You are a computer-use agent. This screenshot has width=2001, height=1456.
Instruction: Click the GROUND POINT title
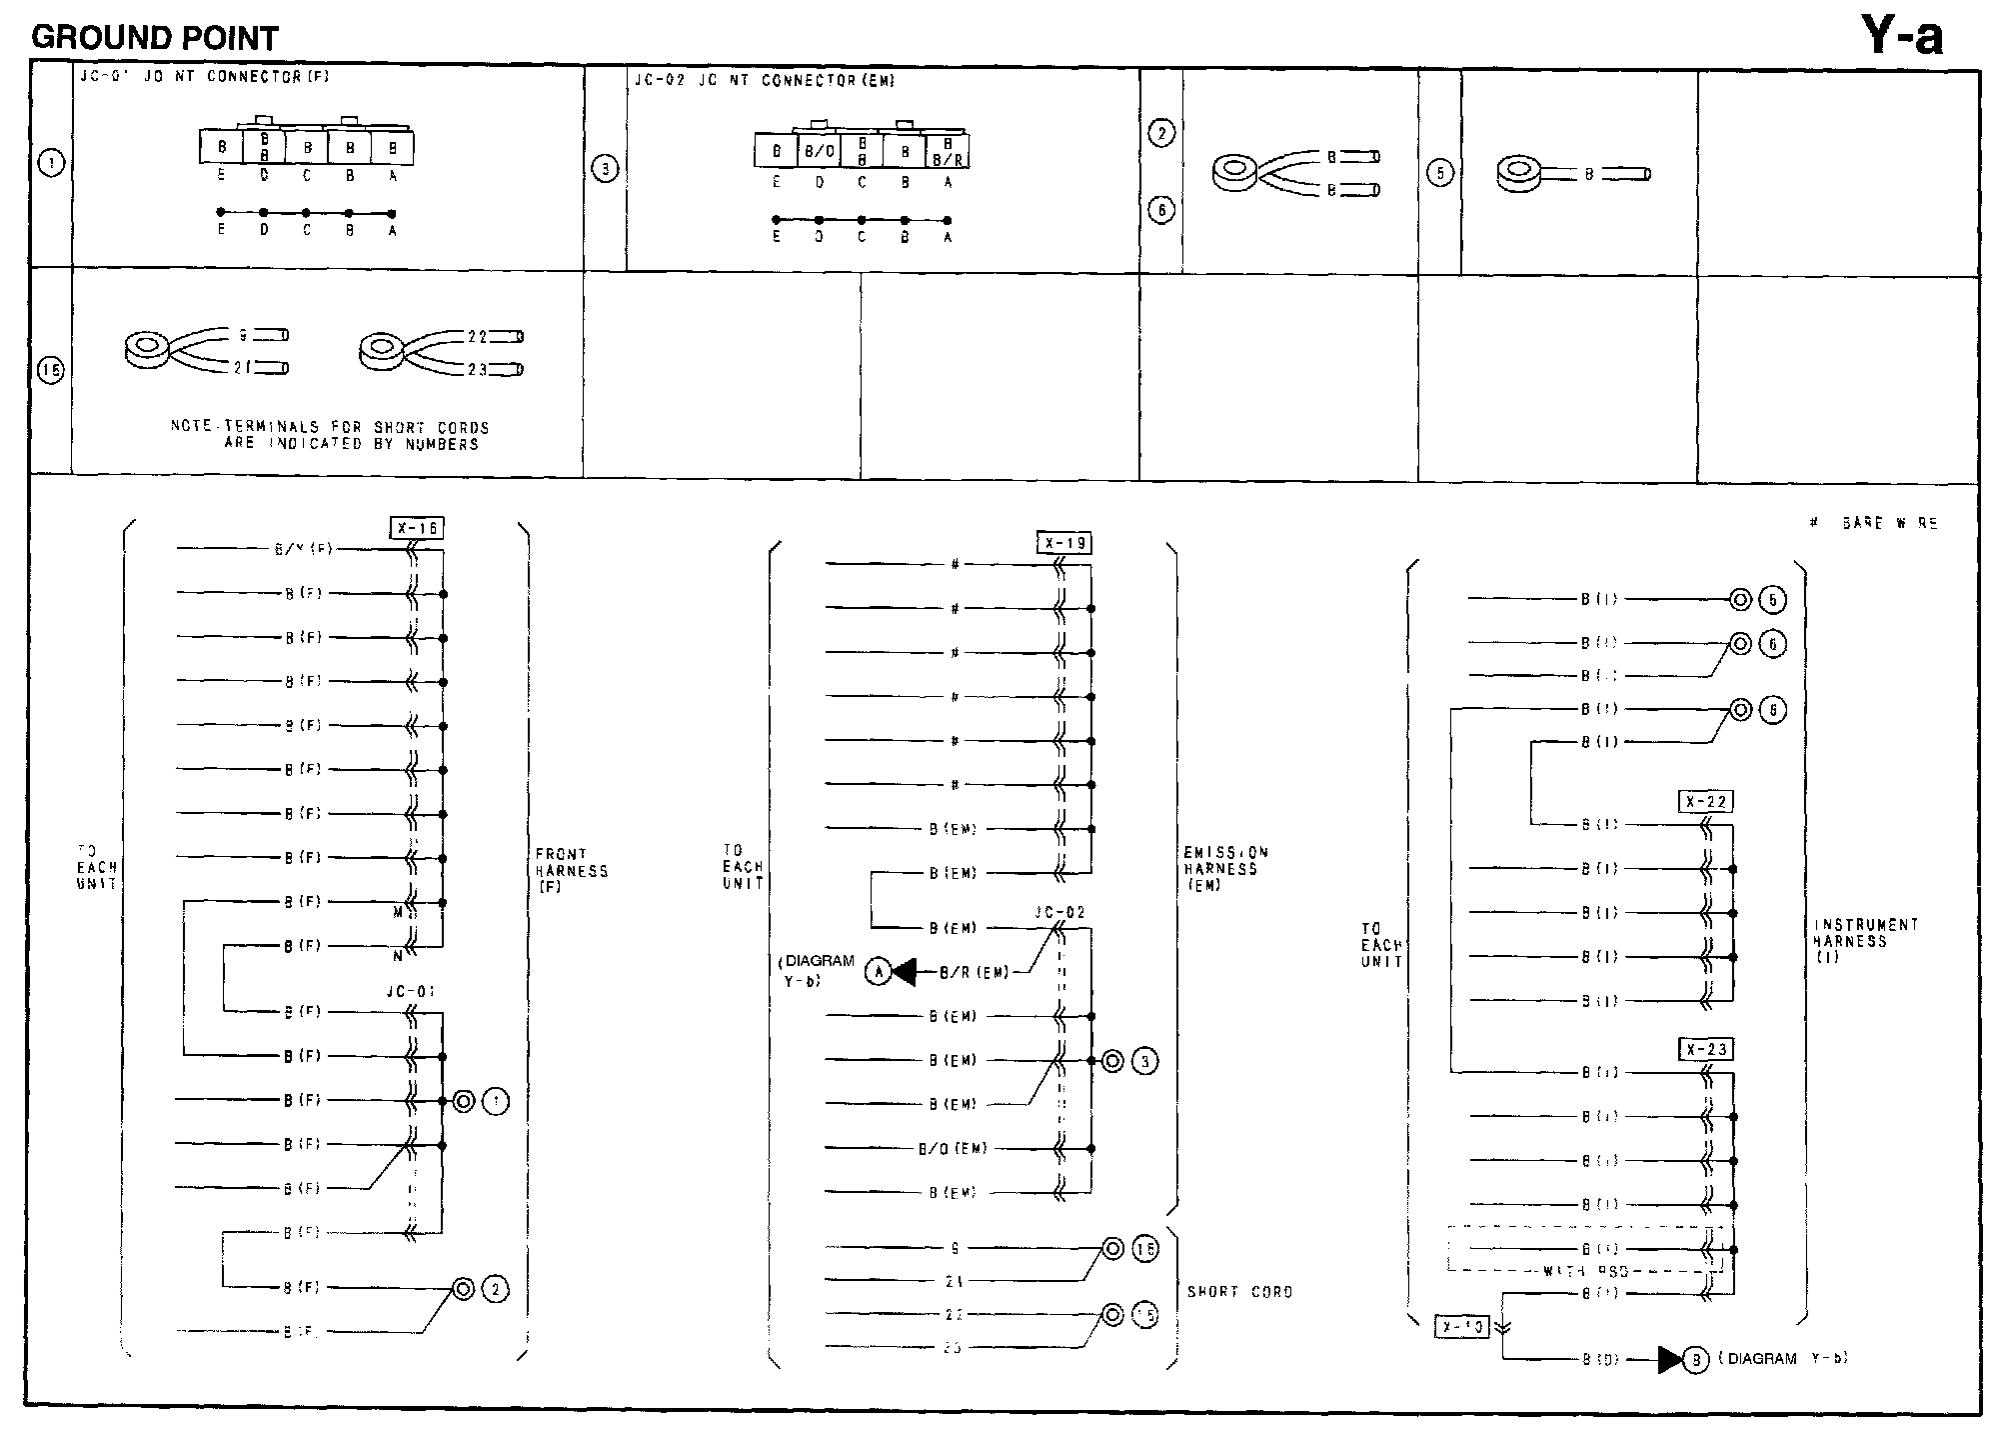click(x=155, y=38)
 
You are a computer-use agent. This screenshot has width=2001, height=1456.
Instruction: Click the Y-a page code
click(x=1901, y=37)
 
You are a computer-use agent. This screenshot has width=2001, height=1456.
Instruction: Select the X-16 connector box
click(x=416, y=528)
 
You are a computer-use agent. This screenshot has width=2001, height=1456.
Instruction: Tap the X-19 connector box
click(x=1063, y=544)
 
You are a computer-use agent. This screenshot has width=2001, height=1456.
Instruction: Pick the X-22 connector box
click(x=1705, y=802)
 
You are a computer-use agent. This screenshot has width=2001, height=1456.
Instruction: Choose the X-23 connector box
click(x=1705, y=1050)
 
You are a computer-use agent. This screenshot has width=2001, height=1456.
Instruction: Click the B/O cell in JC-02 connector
click(x=819, y=152)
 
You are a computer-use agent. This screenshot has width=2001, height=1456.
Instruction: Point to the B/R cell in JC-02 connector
click(x=947, y=152)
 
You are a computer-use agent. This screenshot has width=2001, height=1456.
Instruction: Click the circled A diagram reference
click(x=878, y=971)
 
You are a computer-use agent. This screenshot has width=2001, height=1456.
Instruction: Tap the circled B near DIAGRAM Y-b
click(x=1695, y=1359)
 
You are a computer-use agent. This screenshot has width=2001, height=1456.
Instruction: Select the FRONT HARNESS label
click(x=571, y=870)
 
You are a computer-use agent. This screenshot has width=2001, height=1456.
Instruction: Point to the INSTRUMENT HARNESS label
click(x=1865, y=941)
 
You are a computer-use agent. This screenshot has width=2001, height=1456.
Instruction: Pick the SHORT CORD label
click(x=1239, y=1292)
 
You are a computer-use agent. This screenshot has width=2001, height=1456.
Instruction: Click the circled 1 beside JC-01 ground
click(x=496, y=1102)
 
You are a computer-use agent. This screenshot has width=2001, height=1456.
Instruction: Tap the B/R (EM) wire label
click(x=973, y=972)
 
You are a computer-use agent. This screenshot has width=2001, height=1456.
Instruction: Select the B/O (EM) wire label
click(x=953, y=1149)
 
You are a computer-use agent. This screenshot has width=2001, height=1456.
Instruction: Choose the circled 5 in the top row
click(x=1439, y=173)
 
